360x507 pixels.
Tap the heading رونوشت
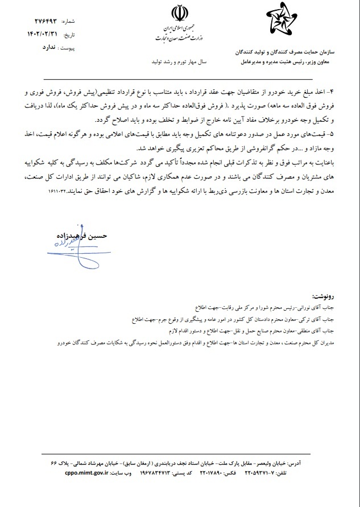point(325,296)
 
